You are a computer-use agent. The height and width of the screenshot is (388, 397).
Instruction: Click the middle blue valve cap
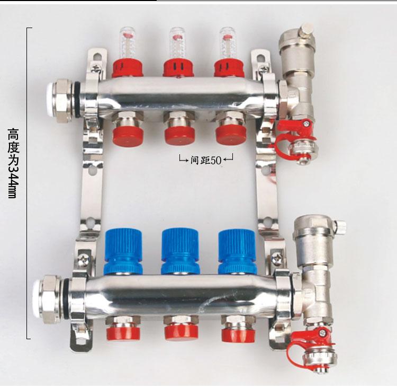click(x=181, y=251)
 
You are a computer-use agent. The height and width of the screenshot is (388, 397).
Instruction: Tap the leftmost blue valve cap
click(x=123, y=252)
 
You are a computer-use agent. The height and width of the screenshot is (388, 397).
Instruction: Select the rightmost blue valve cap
click(x=237, y=252)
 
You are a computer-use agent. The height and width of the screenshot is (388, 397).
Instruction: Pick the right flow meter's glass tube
click(x=227, y=43)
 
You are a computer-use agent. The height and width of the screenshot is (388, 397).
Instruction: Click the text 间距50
click(x=205, y=160)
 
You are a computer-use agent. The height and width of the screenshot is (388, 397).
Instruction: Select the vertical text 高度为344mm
click(x=13, y=163)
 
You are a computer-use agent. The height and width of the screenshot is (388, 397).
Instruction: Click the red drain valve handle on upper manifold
click(x=295, y=135)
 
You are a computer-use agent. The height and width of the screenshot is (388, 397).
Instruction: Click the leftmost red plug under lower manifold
click(x=123, y=332)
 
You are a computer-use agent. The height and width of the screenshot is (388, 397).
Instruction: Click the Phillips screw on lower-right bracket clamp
click(x=277, y=259)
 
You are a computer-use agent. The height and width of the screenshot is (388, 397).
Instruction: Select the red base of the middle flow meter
click(x=178, y=68)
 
